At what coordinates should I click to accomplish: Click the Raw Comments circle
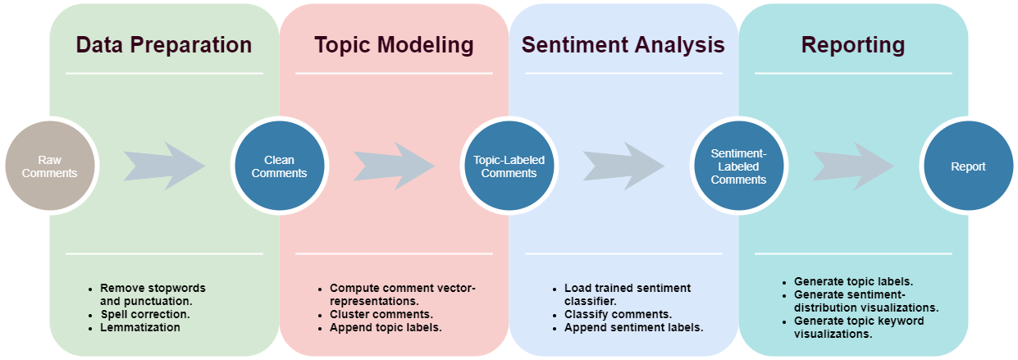pos(50,166)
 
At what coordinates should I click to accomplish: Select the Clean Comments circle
pos(279,166)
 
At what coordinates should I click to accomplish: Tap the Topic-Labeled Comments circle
pos(509,166)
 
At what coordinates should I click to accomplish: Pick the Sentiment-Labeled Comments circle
pos(738,166)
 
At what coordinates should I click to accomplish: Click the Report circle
pos(968,166)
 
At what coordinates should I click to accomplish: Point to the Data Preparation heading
pos(164,45)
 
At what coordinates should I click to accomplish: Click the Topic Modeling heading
pos(394,45)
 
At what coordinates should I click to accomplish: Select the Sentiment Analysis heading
pos(623,45)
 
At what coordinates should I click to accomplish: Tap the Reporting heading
pos(853,45)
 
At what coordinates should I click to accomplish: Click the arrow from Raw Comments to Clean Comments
pos(164,166)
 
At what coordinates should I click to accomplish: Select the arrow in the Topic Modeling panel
pos(394,166)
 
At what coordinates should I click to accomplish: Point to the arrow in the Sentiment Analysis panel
pos(623,166)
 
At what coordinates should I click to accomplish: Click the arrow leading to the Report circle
pos(853,166)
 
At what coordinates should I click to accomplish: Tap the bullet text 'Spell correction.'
pos(145,314)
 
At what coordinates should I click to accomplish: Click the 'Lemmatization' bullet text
pos(140,327)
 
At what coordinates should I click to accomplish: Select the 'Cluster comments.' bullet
pos(381,314)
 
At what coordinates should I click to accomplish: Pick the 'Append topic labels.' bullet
pos(386,327)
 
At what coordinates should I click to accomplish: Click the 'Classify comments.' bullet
pos(619,314)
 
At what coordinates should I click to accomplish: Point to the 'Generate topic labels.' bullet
pos(853,281)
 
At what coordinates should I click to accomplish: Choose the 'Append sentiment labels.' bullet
pos(633,327)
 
